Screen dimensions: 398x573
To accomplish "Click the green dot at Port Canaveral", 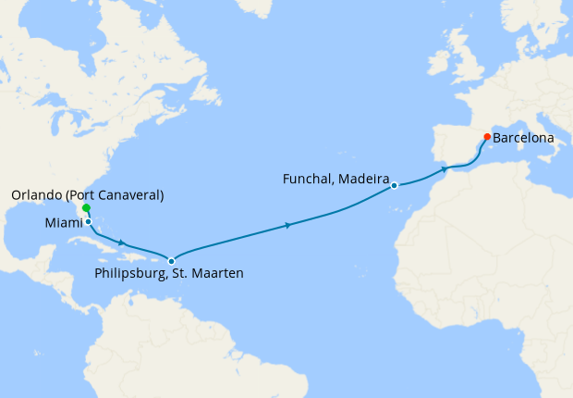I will [86, 208].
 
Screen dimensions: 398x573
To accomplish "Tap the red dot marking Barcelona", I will [487, 137].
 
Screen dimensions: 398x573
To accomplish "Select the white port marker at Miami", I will [88, 221].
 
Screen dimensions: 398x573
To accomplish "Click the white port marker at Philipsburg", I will [171, 261].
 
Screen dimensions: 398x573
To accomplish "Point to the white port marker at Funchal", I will [394, 185].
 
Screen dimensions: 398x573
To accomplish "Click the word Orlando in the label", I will [38, 195].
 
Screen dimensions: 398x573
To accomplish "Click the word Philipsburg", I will [129, 274].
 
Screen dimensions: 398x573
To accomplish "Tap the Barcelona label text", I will [524, 138].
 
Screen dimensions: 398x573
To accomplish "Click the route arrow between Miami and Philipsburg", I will [122, 243].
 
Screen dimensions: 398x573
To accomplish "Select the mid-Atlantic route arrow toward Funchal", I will [289, 225].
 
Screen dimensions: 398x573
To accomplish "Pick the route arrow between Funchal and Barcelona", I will [445, 169].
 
